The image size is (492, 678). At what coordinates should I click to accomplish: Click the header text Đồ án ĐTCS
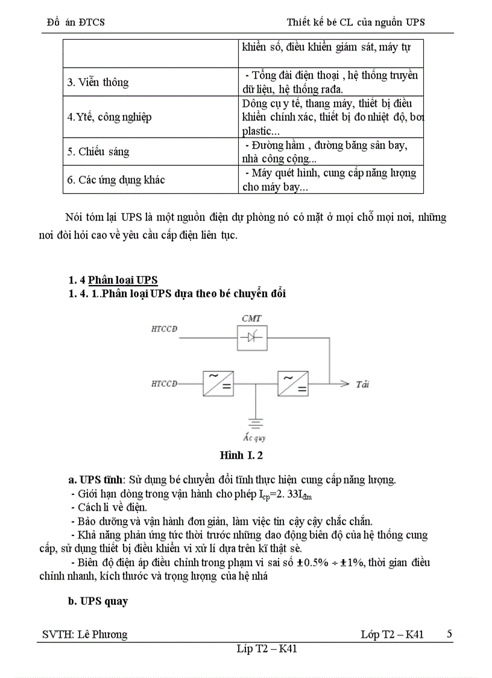[75, 22]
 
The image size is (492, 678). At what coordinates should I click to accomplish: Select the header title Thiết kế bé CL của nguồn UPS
[356, 22]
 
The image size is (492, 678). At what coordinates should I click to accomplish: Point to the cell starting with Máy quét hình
[330, 180]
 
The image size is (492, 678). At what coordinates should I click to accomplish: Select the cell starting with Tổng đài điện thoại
[330, 82]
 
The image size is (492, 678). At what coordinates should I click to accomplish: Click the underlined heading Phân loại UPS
[123, 280]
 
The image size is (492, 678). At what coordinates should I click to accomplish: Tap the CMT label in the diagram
[251, 318]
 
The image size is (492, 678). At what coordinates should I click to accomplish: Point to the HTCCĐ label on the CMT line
[168, 329]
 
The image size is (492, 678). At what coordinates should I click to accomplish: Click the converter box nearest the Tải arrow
[292, 383]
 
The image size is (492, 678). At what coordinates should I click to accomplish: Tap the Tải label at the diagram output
[362, 384]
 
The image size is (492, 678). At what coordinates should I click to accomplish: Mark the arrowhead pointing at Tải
[345, 383]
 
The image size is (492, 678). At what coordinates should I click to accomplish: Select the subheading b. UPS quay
[98, 602]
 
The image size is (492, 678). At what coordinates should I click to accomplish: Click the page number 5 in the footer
[449, 634]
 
